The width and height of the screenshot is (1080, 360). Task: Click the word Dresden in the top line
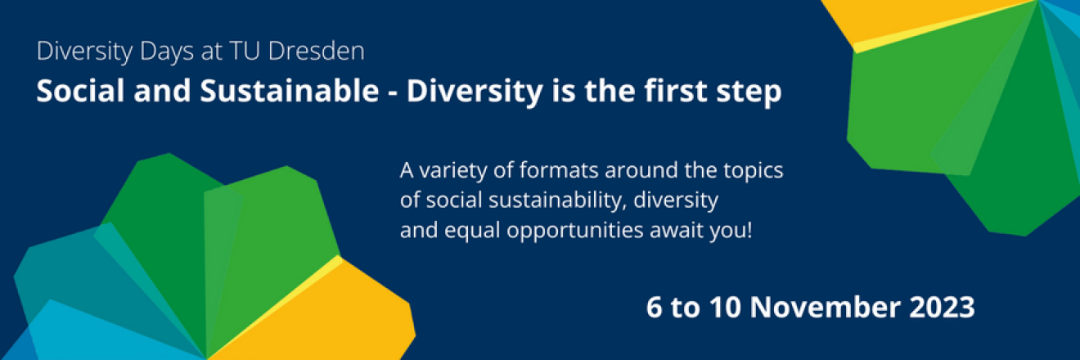click(317, 51)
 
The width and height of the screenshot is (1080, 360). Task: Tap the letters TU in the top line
click(245, 51)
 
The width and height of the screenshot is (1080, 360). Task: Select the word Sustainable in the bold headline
click(290, 91)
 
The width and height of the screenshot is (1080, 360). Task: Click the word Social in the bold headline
click(81, 91)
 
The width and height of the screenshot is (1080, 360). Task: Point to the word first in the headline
click(676, 91)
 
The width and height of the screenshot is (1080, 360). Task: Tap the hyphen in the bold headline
click(394, 93)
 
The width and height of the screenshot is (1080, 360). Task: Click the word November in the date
click(825, 307)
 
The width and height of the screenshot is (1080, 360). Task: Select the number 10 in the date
click(725, 307)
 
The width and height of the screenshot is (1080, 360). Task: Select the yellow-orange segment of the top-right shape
click(916, 17)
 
